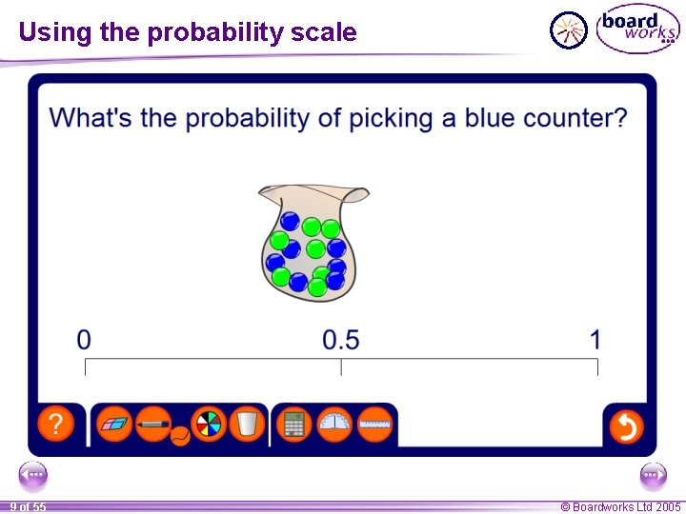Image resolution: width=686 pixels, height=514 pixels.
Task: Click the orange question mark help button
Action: tap(56, 424)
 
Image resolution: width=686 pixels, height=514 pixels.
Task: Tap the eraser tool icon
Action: tap(115, 424)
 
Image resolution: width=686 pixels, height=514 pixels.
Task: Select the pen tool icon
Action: tap(152, 423)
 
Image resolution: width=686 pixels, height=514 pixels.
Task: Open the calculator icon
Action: tap(294, 424)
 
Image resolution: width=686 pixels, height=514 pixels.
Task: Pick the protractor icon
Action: tap(334, 424)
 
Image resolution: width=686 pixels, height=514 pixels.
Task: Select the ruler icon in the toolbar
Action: tap(375, 424)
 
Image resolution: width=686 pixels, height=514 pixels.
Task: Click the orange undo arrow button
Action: tap(626, 425)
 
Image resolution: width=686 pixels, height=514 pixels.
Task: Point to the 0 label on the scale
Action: tap(85, 339)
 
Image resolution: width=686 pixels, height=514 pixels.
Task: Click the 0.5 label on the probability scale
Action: tap(341, 339)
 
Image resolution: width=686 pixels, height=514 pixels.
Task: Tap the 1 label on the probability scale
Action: tap(595, 339)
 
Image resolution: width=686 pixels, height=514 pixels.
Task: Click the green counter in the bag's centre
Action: tap(314, 249)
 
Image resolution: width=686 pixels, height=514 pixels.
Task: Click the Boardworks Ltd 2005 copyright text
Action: tap(620, 507)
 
